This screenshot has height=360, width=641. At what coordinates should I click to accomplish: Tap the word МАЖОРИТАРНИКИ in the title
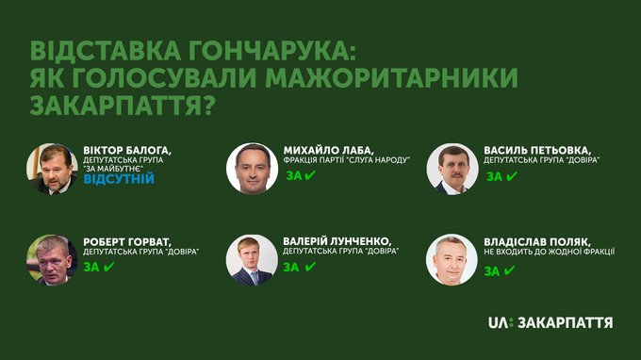click(x=391, y=78)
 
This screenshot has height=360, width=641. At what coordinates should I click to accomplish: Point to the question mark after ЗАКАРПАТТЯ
click(x=208, y=105)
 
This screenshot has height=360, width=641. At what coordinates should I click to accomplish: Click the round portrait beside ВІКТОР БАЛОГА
click(x=52, y=169)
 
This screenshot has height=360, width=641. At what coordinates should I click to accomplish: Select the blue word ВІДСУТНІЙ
click(x=119, y=179)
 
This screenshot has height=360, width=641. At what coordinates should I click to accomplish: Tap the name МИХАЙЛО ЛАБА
click(x=329, y=151)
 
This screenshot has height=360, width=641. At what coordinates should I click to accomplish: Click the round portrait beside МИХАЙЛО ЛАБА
click(x=253, y=169)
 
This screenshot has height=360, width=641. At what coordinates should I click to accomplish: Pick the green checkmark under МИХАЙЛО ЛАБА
click(x=310, y=175)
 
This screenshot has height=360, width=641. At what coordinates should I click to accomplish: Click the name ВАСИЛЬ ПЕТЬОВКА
click(x=537, y=151)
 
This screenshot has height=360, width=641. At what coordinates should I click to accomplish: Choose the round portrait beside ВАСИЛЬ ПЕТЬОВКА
click(x=452, y=169)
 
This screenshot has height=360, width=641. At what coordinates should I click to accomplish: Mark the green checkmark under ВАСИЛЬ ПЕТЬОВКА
click(x=512, y=176)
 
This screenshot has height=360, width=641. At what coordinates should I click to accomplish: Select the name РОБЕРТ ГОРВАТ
click(x=127, y=241)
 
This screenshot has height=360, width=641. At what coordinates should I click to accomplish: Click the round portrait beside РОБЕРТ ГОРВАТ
click(x=52, y=260)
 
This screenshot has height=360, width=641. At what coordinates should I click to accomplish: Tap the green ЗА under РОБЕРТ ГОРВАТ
click(x=91, y=268)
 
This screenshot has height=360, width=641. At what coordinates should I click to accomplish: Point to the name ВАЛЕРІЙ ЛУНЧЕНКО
click(x=337, y=241)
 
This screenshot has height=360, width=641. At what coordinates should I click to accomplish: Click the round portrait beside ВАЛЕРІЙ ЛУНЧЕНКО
click(x=252, y=260)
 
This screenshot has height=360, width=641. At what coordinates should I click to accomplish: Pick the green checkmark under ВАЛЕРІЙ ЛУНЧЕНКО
click(x=310, y=267)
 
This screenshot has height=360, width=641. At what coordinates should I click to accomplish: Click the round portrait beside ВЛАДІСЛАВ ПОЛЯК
click(x=452, y=260)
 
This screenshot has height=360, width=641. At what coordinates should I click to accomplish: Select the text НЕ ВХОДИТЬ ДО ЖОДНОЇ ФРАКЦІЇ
click(x=550, y=252)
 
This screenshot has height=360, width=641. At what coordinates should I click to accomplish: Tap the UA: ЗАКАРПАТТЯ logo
click(x=551, y=322)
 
